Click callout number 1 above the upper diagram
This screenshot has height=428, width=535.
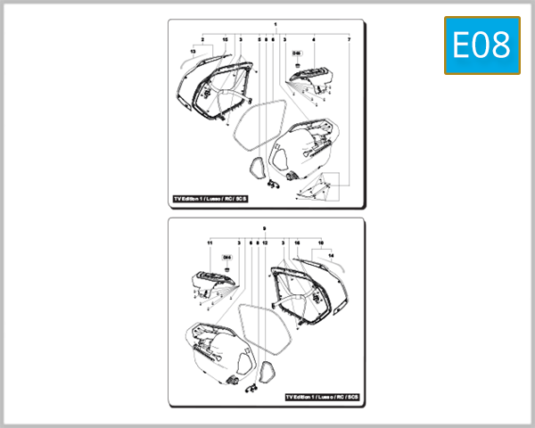click(276, 24)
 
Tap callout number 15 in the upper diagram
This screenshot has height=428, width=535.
click(225, 40)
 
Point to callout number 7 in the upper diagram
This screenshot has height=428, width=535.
click(349, 40)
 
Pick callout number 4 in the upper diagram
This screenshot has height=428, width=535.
click(314, 40)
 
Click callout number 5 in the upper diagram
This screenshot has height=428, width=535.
click(259, 40)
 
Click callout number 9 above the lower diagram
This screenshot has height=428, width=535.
click(264, 229)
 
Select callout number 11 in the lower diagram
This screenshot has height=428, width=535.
click(210, 243)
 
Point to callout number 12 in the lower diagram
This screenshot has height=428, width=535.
click(265, 243)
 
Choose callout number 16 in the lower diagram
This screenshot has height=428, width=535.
click(296, 243)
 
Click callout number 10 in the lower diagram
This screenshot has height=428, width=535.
click(320, 243)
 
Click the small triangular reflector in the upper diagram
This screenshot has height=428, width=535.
click(256, 166)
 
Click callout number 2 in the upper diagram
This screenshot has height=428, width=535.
click(202, 40)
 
